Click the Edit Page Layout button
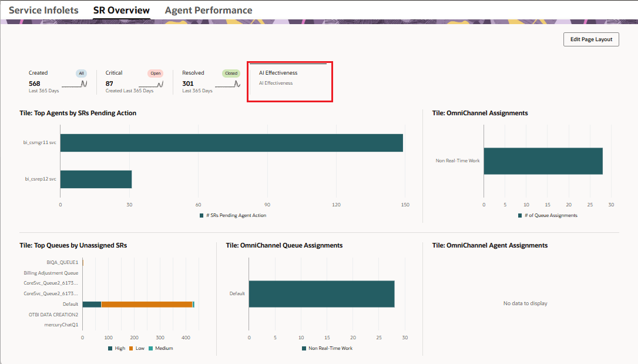(591, 39)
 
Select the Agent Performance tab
(209, 11)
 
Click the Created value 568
(35, 84)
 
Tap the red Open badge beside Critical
(155, 74)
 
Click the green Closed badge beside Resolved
(231, 74)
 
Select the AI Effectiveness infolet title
(278, 73)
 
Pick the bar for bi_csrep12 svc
(96, 179)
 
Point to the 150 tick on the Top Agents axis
(405, 205)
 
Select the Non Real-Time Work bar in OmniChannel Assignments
(543, 161)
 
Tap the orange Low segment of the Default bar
(147, 304)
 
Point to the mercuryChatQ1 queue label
(62, 325)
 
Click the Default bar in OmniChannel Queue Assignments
(321, 294)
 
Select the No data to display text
(525, 303)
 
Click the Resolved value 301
(188, 84)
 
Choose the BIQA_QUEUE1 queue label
(62, 262)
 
